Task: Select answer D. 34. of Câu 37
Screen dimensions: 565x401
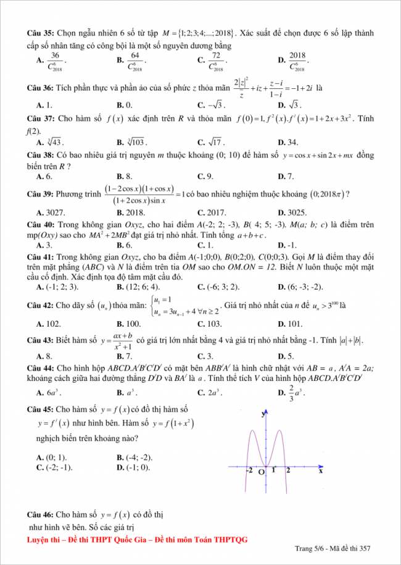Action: pos(288,142)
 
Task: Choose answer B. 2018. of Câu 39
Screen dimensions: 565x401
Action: pos(130,212)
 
